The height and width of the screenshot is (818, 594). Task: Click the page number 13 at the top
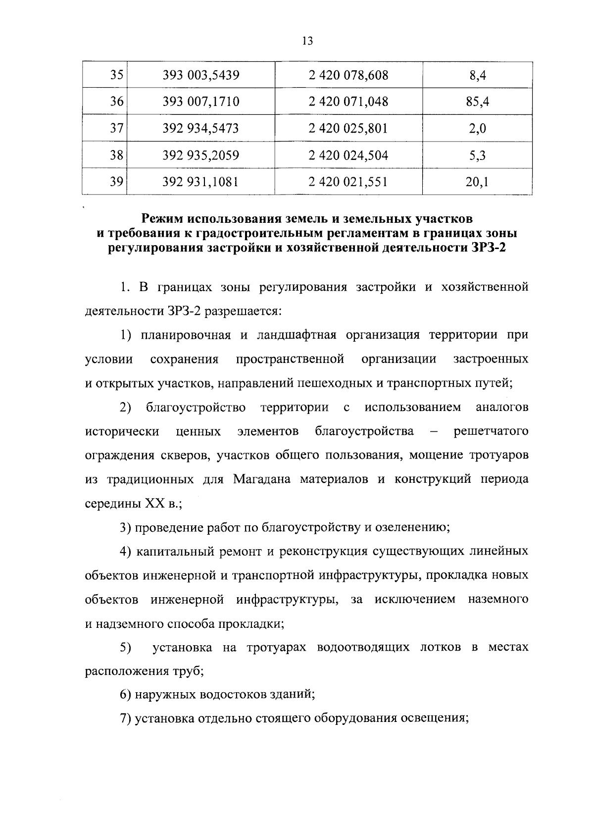307,41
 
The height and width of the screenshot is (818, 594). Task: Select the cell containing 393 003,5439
201,75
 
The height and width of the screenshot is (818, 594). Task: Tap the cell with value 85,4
477,102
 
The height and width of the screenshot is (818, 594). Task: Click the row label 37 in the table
116,128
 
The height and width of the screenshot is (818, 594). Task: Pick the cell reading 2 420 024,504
348,155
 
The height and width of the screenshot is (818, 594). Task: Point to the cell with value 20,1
477,182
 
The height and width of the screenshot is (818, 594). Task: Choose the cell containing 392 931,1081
201,182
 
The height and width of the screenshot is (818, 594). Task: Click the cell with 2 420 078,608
348,75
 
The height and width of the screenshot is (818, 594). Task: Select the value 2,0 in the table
477,129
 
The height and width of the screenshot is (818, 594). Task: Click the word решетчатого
491,431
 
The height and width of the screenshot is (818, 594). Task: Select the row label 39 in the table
116,182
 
